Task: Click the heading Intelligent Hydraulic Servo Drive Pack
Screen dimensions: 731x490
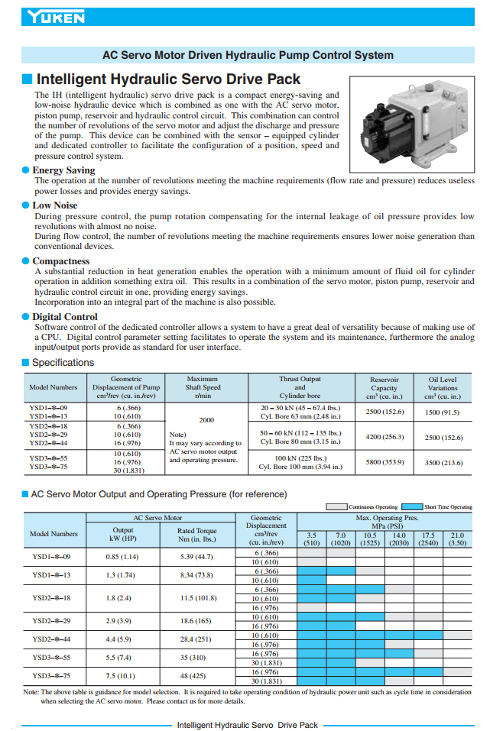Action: coord(168,79)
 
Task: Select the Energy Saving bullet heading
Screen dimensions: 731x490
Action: coord(63,170)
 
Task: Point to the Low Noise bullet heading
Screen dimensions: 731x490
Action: coord(54,205)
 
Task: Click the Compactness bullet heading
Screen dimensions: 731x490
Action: coord(60,261)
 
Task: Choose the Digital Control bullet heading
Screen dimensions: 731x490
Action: coord(64,316)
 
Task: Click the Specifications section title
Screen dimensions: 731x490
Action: coord(63,363)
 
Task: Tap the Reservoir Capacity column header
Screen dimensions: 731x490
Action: coord(385,387)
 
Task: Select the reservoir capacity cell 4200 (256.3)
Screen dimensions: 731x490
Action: coord(385,438)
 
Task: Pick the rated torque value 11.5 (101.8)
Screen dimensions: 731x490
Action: coord(197,598)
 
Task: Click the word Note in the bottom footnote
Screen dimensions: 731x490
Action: coord(30,692)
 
